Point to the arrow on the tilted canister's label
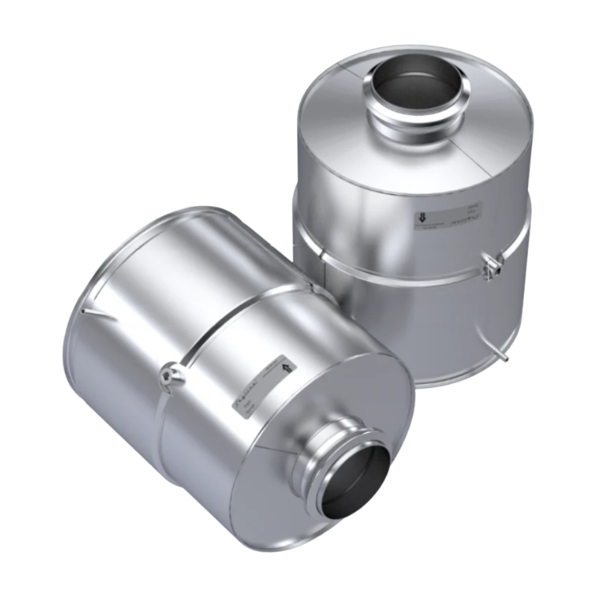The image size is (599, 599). [286, 365]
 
